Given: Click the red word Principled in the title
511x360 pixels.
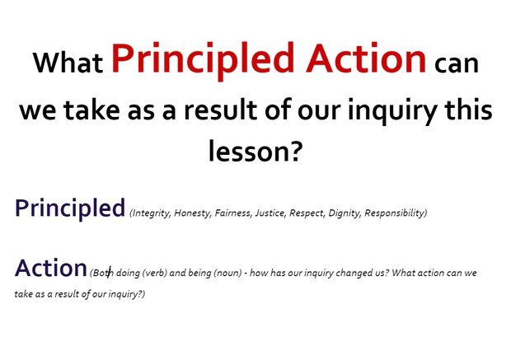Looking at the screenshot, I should pyautogui.click(x=203, y=59).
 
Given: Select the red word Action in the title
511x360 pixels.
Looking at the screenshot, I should pyautogui.click(x=365, y=58).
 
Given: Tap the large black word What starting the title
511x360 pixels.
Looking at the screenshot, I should pyautogui.click(x=68, y=63).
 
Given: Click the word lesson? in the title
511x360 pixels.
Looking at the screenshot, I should pyautogui.click(x=255, y=151).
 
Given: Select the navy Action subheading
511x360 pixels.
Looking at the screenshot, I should pyautogui.click(x=50, y=268).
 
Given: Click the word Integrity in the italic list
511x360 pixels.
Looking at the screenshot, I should pyautogui.click(x=150, y=213).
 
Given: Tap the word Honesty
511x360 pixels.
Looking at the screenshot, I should pyautogui.click(x=192, y=213).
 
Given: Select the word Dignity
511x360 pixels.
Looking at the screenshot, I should pyautogui.click(x=344, y=213).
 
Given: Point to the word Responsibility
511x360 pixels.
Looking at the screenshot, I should pyautogui.click(x=395, y=213).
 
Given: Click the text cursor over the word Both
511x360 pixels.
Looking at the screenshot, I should pyautogui.click(x=109, y=271).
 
